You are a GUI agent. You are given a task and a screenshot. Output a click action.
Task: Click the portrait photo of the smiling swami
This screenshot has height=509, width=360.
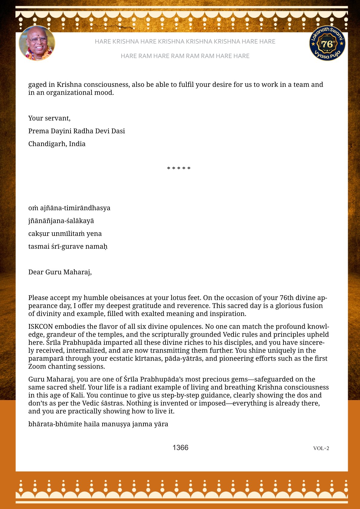(x=37, y=43)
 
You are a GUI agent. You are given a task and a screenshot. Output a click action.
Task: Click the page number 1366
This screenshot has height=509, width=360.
(x=180, y=448)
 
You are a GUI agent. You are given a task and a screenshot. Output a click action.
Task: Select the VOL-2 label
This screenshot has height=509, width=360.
(x=321, y=448)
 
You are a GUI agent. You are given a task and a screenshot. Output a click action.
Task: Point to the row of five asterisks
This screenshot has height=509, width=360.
(x=179, y=168)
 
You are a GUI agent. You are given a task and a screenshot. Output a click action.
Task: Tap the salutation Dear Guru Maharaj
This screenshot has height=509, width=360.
(x=60, y=272)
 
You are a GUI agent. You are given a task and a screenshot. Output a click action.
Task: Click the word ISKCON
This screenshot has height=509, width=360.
(x=41, y=326)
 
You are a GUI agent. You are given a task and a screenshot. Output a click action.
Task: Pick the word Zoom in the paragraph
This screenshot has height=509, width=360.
(x=37, y=366)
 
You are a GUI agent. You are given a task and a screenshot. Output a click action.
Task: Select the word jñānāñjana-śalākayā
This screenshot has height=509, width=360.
(x=61, y=221)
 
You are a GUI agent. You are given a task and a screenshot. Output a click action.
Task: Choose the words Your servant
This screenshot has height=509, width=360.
(x=49, y=118)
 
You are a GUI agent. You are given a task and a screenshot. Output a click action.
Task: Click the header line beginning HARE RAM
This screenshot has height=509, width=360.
(x=185, y=56)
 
